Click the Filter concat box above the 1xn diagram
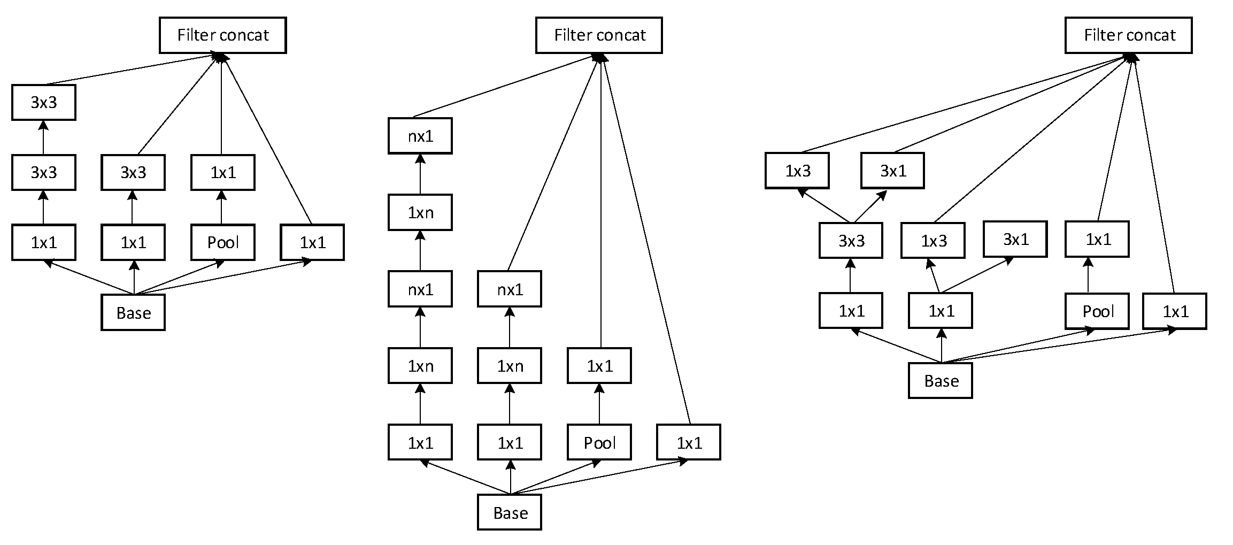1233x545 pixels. coord(599,35)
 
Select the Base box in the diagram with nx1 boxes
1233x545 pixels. coord(509,512)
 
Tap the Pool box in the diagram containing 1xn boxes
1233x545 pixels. coord(599,442)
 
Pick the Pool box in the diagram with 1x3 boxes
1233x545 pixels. coord(1097,311)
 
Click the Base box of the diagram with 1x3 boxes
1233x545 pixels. coord(940,380)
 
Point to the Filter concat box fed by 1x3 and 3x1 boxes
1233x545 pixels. coord(1128,35)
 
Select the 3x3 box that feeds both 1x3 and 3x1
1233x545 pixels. coord(850,241)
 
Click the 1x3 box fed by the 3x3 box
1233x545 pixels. coord(797,171)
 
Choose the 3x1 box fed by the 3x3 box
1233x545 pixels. coord(892,171)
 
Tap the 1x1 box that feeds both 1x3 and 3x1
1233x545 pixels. coord(940,311)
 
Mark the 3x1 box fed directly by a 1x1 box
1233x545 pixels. coord(1015,239)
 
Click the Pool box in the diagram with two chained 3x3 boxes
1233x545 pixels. coord(222,242)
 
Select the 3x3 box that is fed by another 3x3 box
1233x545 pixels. coord(43,102)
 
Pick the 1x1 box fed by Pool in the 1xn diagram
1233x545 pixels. coord(599,366)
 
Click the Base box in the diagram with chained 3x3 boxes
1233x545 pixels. coord(133,312)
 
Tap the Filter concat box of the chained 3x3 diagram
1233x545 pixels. coord(222,35)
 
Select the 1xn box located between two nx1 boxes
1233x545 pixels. coord(420,212)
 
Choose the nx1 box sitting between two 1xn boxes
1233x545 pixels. coord(420,289)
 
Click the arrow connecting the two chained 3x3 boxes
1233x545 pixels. coord(43,137)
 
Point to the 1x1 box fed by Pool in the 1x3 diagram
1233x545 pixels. coord(1097,239)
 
